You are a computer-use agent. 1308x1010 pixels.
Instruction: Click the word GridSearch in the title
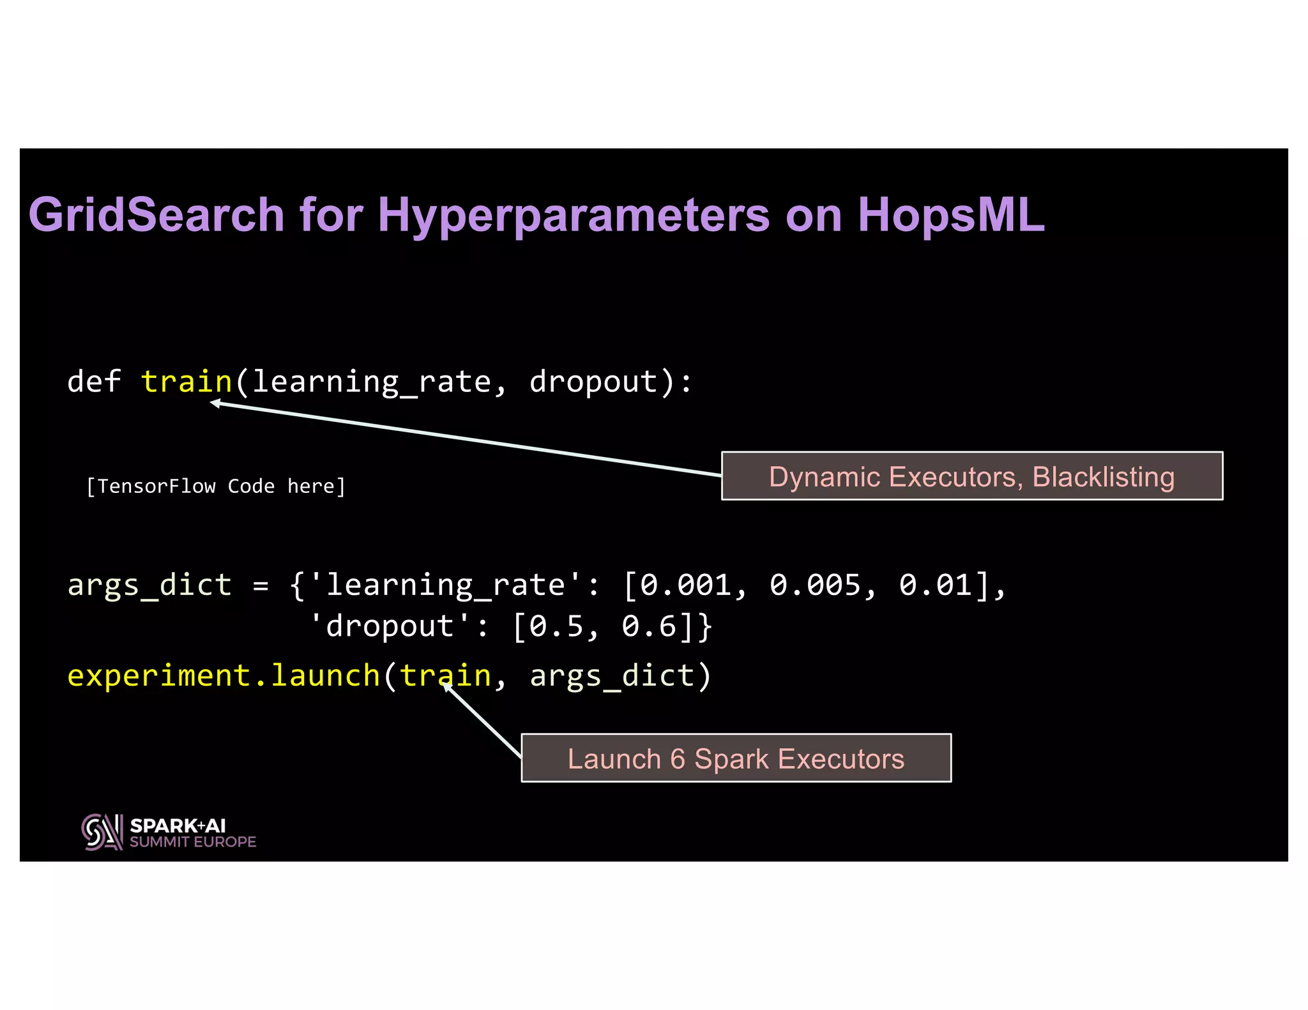click(156, 215)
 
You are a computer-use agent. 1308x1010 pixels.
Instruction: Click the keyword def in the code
click(94, 382)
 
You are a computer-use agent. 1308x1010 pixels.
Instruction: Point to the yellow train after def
click(186, 382)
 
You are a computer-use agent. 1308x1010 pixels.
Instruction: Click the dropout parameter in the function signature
click(593, 382)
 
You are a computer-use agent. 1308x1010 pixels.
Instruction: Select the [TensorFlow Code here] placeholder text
click(216, 486)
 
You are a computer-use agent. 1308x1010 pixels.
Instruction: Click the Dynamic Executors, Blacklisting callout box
click(971, 476)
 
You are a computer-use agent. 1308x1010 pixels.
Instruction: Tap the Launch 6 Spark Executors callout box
click(736, 758)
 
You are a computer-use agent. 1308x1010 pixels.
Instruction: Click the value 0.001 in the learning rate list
click(685, 585)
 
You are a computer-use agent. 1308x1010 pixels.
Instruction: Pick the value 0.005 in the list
click(815, 585)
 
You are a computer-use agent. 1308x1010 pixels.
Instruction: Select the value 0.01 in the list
click(935, 585)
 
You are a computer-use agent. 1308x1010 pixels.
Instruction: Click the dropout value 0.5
click(556, 626)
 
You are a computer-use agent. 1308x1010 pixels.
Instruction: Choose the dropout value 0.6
click(649, 626)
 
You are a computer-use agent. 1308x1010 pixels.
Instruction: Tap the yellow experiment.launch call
click(224, 676)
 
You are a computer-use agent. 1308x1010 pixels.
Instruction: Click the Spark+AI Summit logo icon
click(102, 832)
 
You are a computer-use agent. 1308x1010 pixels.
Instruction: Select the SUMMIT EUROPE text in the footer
click(193, 842)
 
